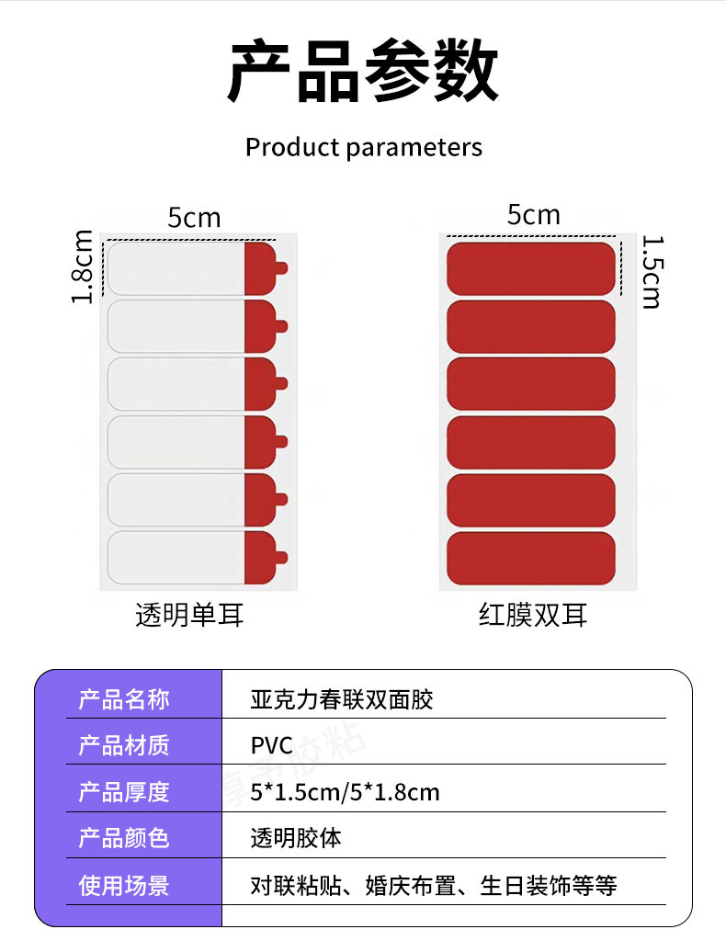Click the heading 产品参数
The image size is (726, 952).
pos(363,72)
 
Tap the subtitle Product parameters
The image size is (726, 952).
pos(363,147)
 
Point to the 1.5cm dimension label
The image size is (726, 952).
pos(651,272)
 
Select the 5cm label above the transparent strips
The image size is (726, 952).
pos(194,218)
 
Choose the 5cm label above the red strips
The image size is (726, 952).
pos(533,215)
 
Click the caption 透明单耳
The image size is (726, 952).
pos(190,615)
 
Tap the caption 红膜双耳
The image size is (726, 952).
pos(533,615)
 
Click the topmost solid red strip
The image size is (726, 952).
pos(530,268)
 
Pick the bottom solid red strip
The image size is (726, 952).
pos(530,558)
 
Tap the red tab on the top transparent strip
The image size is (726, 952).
pos(263,268)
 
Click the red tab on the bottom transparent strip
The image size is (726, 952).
pos(263,558)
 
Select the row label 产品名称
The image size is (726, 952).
pos(124,699)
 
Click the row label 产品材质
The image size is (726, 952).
pos(124,745)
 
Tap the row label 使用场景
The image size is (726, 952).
pos(124,886)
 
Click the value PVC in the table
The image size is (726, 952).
pos(271,745)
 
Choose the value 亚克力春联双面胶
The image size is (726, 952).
pos(341,699)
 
